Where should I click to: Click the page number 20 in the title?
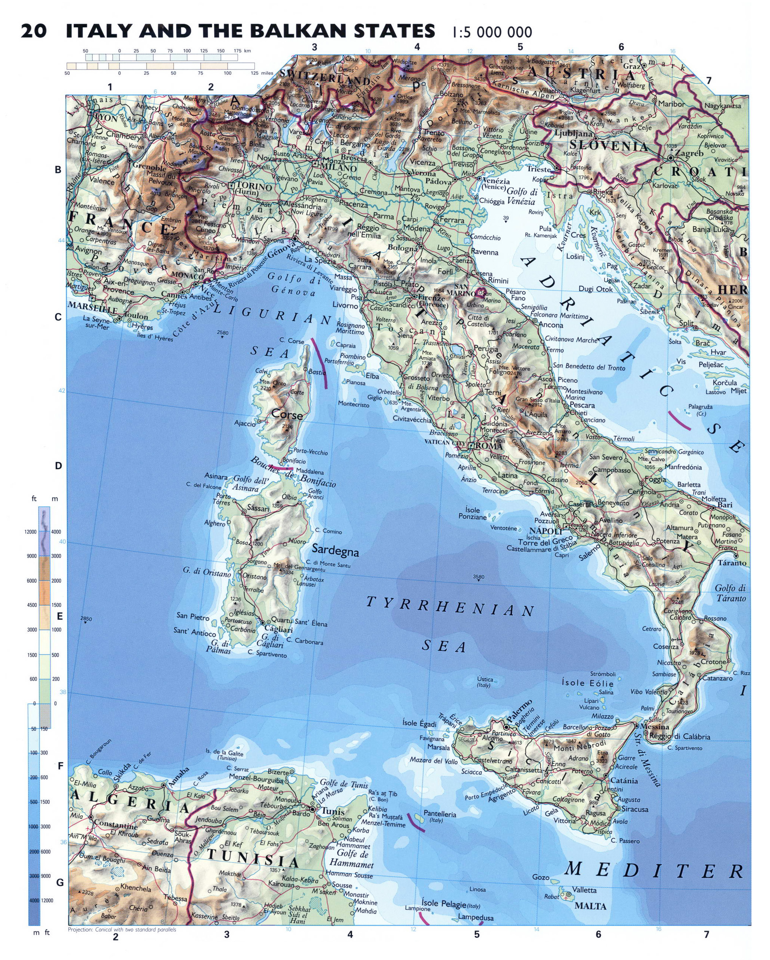point(33,32)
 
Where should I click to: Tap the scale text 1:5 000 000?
point(491,32)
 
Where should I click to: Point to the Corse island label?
point(287,415)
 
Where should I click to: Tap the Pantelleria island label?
point(440,813)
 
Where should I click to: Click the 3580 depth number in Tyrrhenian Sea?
point(478,577)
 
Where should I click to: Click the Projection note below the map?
point(122,939)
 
